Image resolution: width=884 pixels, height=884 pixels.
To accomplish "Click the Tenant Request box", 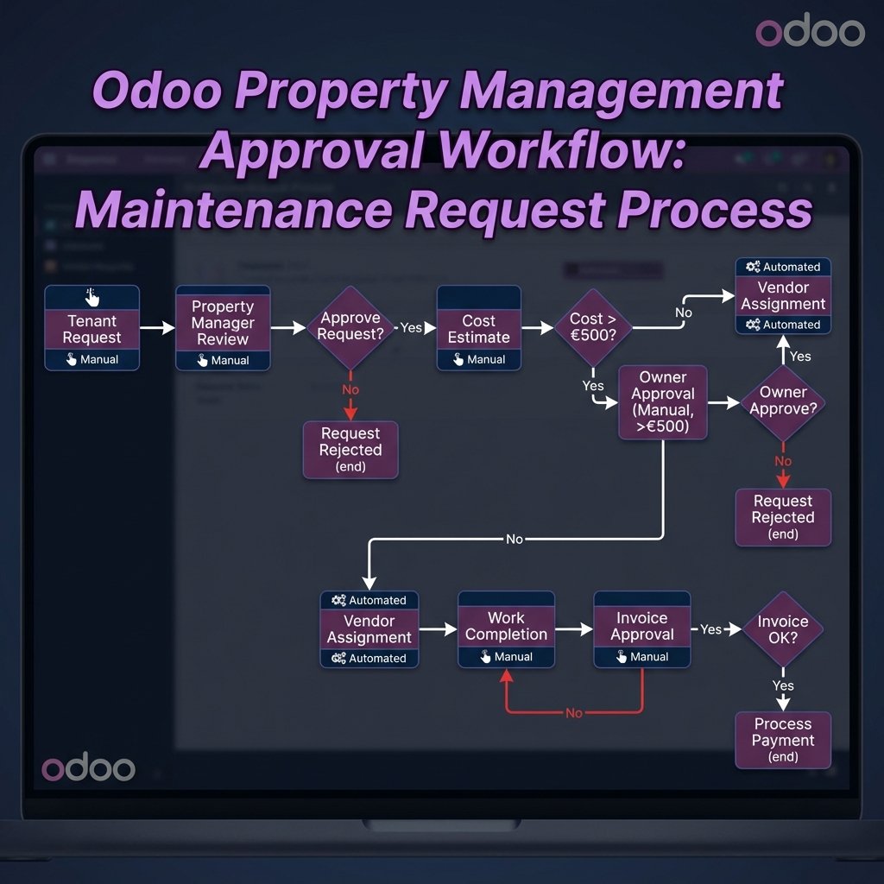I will coord(92,329).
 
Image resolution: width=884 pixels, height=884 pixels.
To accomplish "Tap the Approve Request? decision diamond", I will coord(350,326).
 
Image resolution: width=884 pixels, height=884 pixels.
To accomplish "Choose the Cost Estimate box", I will coord(478,329).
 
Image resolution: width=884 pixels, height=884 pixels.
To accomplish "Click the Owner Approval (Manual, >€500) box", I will coord(663,402).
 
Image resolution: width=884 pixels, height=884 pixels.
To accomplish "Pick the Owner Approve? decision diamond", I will coord(783,401).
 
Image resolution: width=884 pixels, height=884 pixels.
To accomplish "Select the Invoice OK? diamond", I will coord(782,629).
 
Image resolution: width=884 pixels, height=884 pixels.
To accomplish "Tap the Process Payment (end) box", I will coord(783,740).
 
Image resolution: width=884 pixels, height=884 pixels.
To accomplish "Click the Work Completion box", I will coord(506,629).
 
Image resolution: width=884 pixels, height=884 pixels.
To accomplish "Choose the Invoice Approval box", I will coord(642,629).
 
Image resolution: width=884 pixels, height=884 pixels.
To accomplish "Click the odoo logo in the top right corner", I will coord(810,32).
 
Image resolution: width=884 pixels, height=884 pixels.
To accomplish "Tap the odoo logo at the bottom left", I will coord(88,768).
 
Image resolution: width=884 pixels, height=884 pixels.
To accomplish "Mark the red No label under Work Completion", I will coord(574,713).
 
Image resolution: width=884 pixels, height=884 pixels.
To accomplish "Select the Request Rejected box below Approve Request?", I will coord(350,449).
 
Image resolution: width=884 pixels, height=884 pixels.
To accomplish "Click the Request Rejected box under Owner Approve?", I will coord(783,517).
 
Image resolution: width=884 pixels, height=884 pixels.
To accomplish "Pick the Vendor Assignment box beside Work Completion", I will coord(369,629).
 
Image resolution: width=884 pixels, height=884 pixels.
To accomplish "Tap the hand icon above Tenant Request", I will coord(92,298).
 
